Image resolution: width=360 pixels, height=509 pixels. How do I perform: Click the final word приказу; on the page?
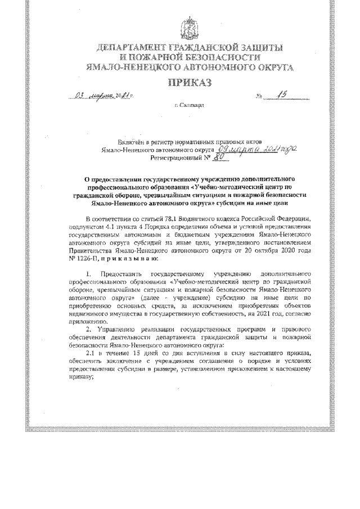[81, 377]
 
